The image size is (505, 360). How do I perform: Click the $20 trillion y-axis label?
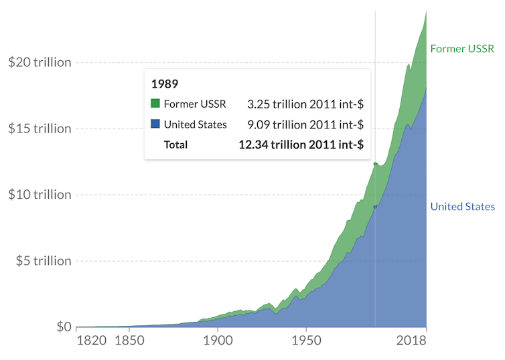pos(39,62)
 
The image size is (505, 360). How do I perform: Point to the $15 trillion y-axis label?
pos(39,128)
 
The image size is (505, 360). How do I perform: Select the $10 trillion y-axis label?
pos(39,195)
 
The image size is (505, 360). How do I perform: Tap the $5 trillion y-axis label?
pos(43,261)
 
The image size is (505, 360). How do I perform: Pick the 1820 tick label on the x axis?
pos(92,341)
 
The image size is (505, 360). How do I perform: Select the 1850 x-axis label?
pos(130,341)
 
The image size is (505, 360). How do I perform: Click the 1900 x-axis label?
pos(218,341)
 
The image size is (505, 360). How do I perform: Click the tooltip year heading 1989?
pos(164,84)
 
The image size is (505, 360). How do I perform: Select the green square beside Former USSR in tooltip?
pos(155,104)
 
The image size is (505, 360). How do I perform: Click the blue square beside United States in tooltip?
pos(155,124)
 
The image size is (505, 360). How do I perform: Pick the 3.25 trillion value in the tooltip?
pos(305,104)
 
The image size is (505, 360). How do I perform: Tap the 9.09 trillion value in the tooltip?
pos(305,124)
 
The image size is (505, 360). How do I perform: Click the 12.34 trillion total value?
pos(301,145)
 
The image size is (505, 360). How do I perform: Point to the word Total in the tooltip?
pos(175,145)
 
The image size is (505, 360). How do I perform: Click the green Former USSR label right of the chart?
pos(461,49)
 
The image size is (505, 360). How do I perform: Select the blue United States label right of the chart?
pos(462,206)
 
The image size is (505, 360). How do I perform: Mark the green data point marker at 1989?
pos(375,163)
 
